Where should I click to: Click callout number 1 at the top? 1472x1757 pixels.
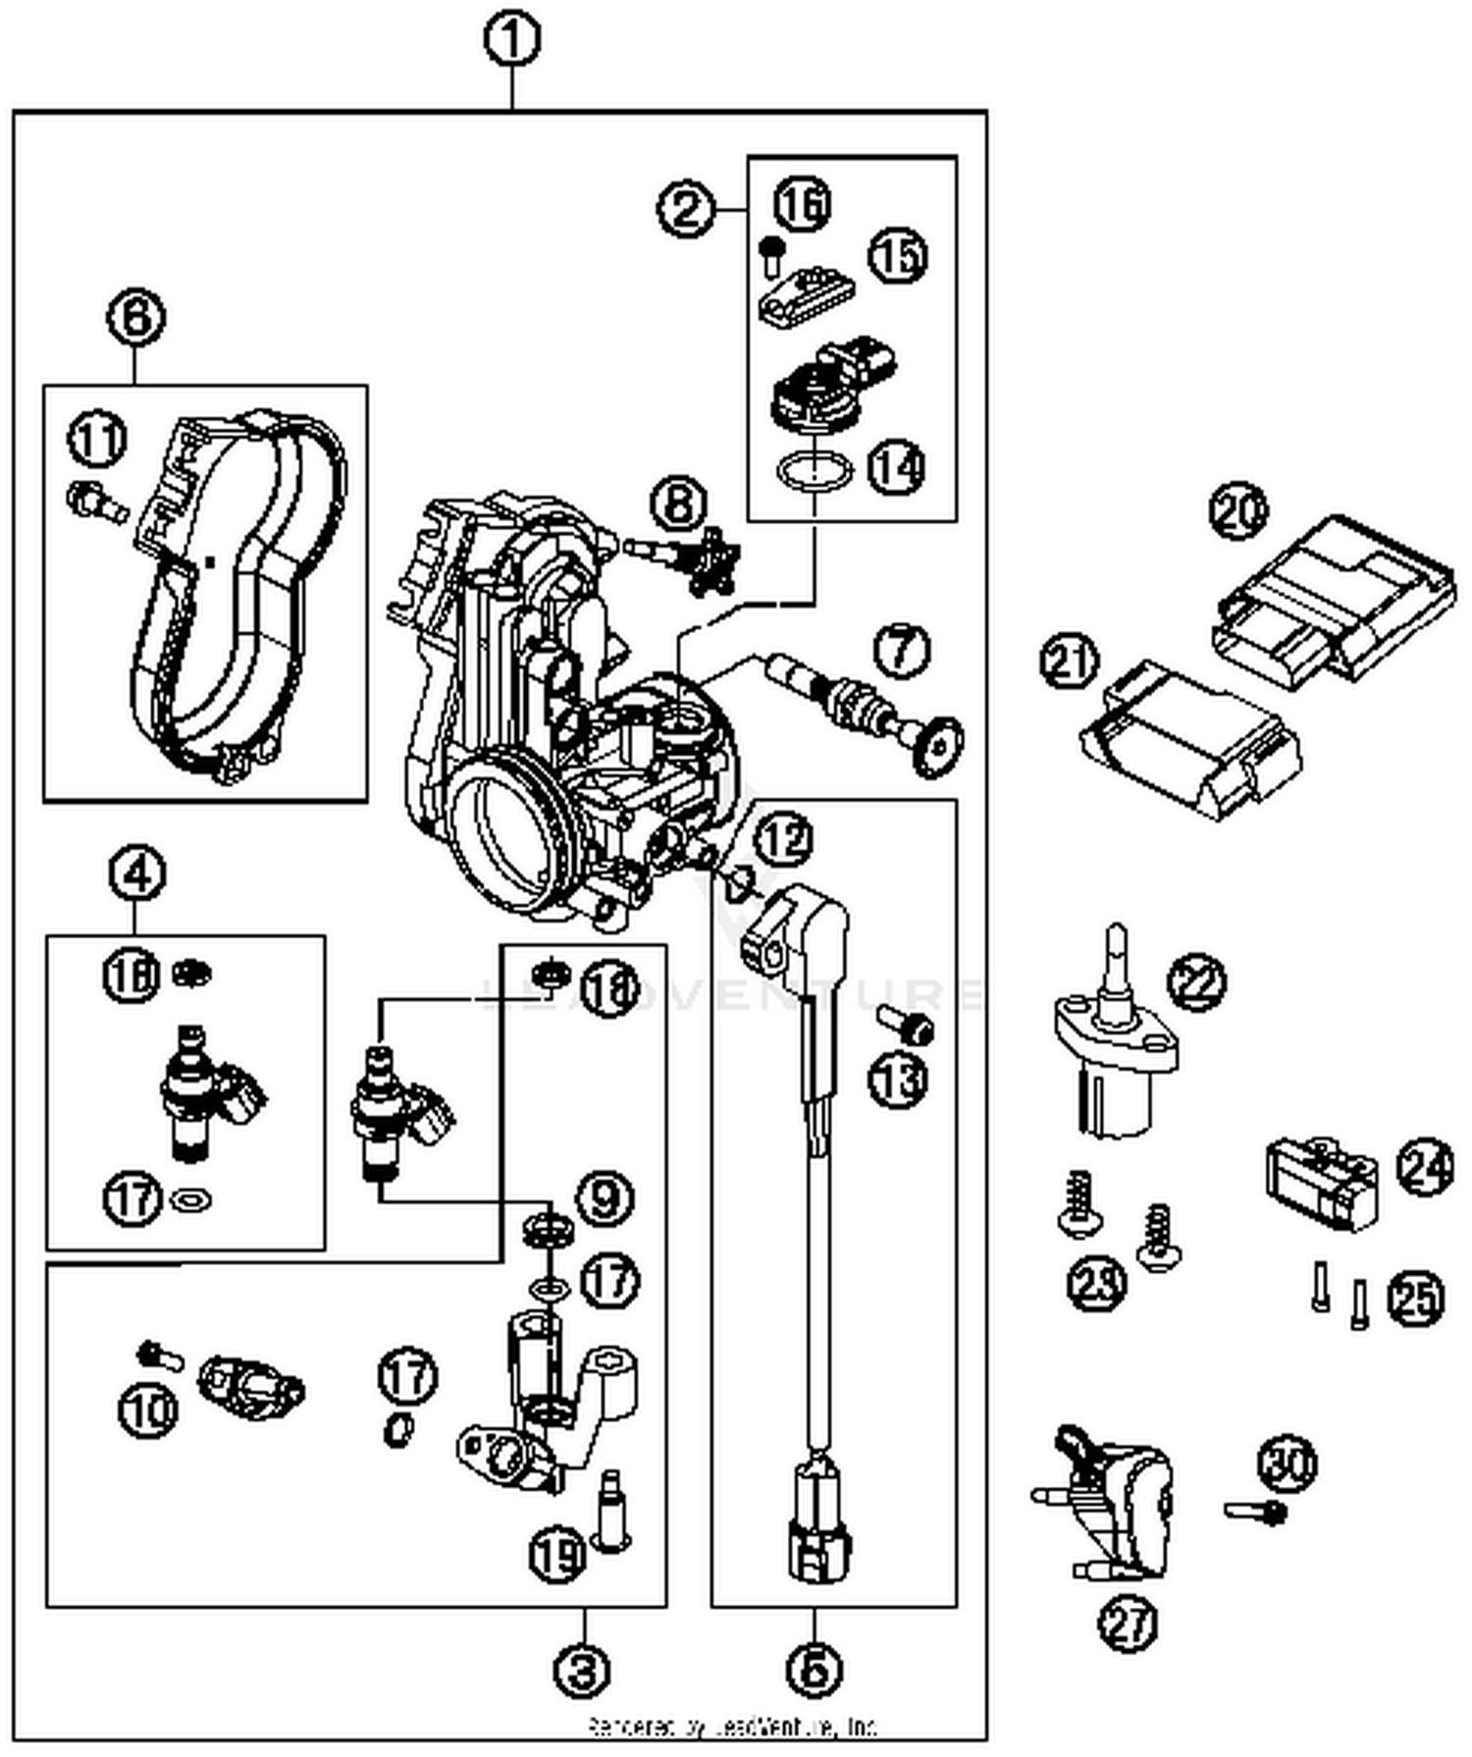(x=512, y=40)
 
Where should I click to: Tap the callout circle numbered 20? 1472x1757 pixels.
(x=1237, y=511)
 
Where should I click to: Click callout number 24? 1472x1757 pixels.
(x=1424, y=1167)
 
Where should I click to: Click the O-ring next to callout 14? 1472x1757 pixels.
(x=814, y=470)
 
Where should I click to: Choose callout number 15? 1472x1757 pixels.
(x=898, y=256)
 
